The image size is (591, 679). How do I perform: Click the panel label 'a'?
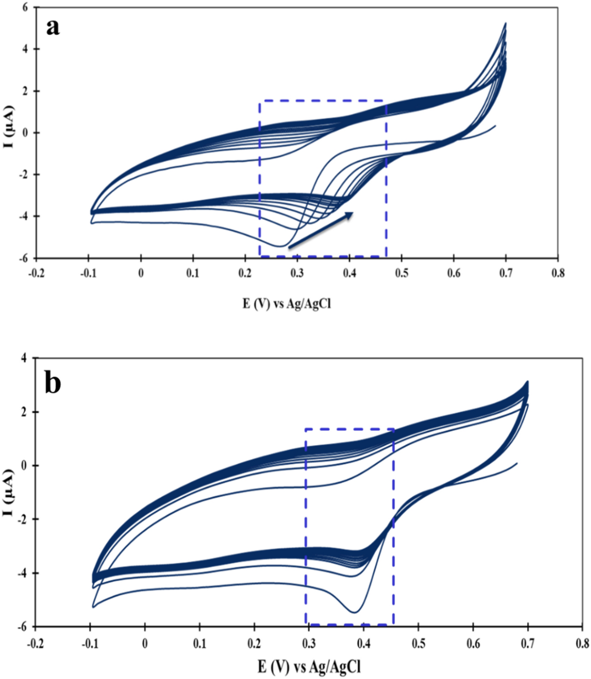pos(53,27)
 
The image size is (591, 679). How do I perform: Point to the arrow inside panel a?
pos(321,230)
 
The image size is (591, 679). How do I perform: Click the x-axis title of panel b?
pos(309,667)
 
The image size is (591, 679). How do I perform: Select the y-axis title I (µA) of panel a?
pos(9,127)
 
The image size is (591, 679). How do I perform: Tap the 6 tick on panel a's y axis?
pos(25,7)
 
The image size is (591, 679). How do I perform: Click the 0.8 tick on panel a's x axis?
pos(558,273)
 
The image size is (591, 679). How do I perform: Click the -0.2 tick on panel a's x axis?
pos(36,273)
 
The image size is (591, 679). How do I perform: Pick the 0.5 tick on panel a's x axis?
pos(402,273)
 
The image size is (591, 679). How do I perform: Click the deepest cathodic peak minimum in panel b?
pos(354,612)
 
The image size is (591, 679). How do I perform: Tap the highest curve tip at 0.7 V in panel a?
pos(505,23)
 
